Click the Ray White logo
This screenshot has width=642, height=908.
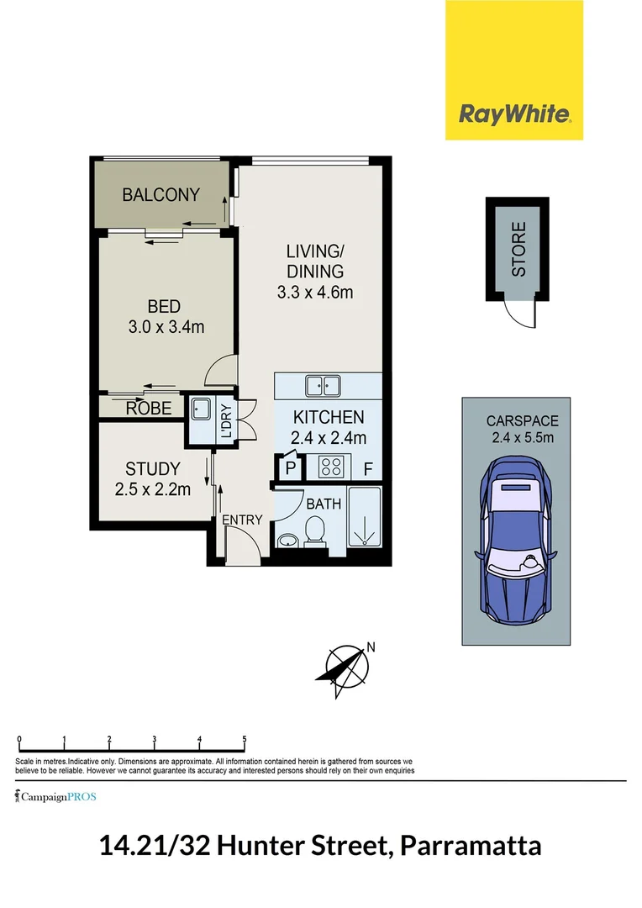coord(514,114)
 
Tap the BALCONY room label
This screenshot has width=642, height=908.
coord(160,195)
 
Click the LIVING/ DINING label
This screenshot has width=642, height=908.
coord(315,261)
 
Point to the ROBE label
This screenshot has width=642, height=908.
coord(149,409)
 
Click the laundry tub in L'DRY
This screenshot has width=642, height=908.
coord(200,409)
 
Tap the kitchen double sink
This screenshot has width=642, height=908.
coord(323,386)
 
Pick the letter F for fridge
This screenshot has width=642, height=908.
coord(366,469)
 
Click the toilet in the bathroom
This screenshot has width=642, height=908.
coord(315,531)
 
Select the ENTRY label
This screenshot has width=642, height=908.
coord(242,520)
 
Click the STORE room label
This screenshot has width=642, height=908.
coord(518,249)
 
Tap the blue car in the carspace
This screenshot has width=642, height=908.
coord(516,537)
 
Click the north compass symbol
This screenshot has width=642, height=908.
coord(345,670)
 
